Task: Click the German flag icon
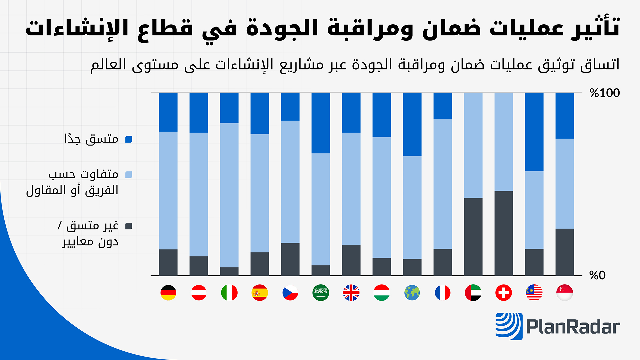(x=168, y=293)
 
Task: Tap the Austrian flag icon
(x=199, y=293)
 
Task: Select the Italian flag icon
(x=229, y=293)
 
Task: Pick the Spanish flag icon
(x=260, y=293)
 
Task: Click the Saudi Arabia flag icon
(x=321, y=293)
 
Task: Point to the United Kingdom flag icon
(x=351, y=293)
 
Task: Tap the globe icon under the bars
(x=412, y=293)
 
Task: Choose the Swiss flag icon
(x=504, y=293)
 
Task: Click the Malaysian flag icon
(x=534, y=293)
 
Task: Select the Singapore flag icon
(x=565, y=293)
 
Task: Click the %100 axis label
(x=604, y=93)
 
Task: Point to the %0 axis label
(x=597, y=275)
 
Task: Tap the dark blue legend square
(x=129, y=139)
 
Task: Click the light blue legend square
(x=129, y=175)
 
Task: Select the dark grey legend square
(x=129, y=226)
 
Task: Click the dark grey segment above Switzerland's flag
(x=504, y=233)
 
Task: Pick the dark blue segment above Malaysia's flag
(x=534, y=132)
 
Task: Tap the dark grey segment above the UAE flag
(x=473, y=237)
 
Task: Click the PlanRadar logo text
(x=573, y=327)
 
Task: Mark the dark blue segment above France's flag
(x=443, y=106)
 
